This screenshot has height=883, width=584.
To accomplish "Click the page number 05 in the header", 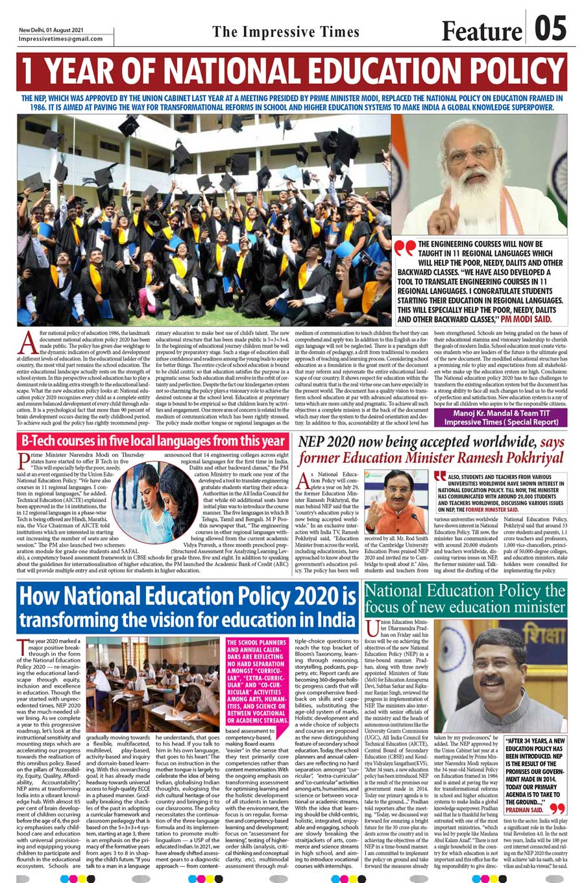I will pyautogui.click(x=550, y=29).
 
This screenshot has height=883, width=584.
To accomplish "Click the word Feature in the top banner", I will pyautogui.click(x=481, y=31).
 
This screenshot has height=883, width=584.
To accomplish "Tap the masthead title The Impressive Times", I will pyautogui.click(x=286, y=32).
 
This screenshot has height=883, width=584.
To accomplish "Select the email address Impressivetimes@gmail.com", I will pyautogui.click(x=61, y=38).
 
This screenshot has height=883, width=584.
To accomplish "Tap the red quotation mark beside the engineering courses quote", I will pyautogui.click(x=405, y=249).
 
